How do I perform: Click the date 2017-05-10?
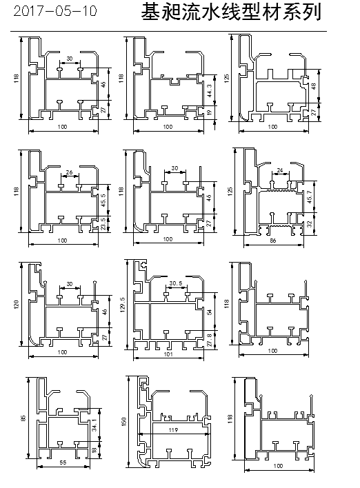pos(55,11)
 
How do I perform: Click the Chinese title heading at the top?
pos(231,12)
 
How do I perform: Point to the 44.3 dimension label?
pos(209,90)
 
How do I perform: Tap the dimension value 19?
pos(209,111)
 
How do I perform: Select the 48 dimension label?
pos(314,86)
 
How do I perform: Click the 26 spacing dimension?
pos(69,172)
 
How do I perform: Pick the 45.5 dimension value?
pos(103,199)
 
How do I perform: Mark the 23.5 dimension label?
pos(103,223)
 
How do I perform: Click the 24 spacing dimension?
pos(279,170)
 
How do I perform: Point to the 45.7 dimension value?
pos(310,197)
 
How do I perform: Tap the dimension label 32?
pos(310,224)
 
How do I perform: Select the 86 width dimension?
pos(273,241)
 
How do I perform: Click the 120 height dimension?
pos(17,304)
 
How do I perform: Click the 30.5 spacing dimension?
pos(176,283)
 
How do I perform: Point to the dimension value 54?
pos(209,312)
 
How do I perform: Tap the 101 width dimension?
pos(168,354)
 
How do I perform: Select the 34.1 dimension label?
pos(94,425)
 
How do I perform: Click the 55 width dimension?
pos(63,462)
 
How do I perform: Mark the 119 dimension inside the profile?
pos(173,430)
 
